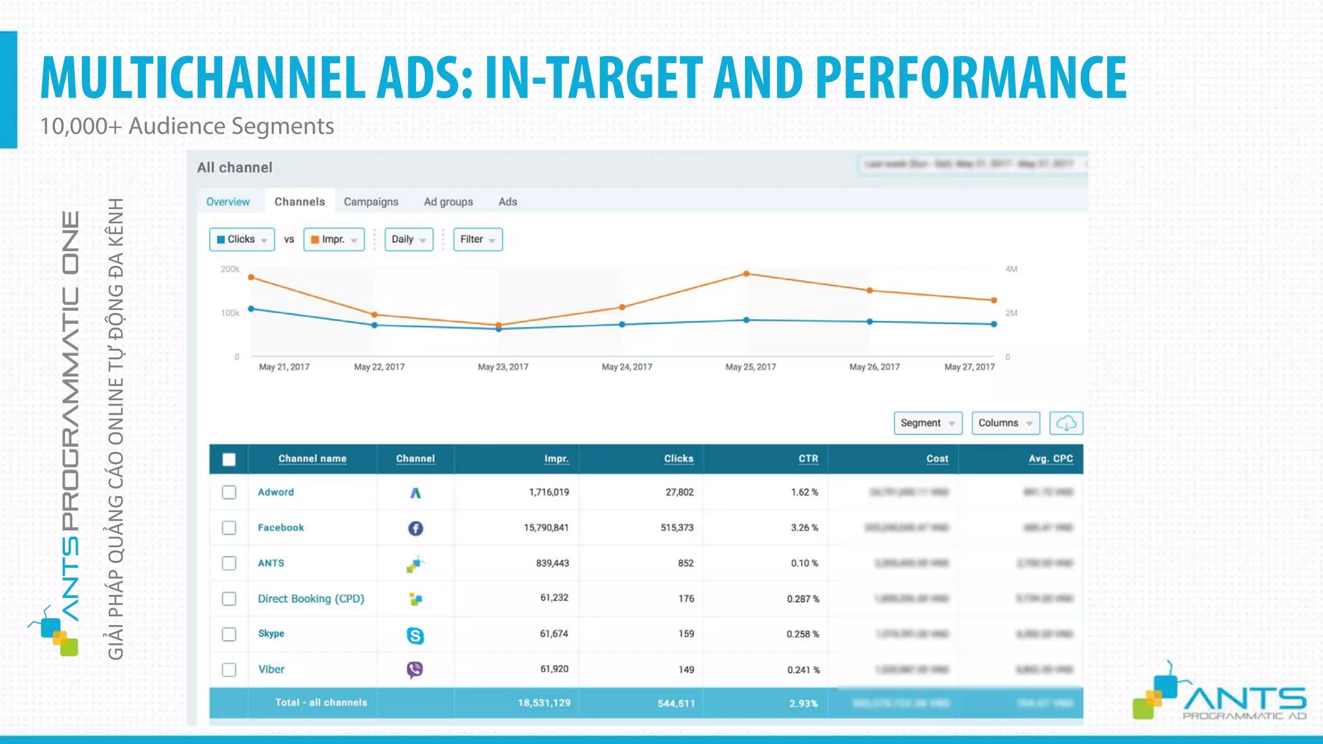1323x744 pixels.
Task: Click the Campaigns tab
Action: [x=371, y=201]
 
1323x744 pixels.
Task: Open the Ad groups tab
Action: [x=448, y=201]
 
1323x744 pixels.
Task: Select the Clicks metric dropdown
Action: [x=242, y=239]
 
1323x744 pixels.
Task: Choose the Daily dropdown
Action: [x=408, y=239]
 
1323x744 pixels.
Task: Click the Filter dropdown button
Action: [x=477, y=239]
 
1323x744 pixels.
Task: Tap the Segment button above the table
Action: [x=927, y=423]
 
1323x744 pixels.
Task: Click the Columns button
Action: [x=1005, y=423]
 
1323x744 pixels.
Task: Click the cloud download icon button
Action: [x=1066, y=423]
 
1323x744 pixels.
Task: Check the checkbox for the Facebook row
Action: [x=229, y=528]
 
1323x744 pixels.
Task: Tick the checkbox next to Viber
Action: [x=229, y=670]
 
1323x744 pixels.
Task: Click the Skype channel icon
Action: [x=415, y=635]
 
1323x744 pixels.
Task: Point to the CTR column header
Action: [x=807, y=459]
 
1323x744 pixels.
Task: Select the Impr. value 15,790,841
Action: [x=546, y=528]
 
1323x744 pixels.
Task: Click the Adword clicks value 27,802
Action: [x=680, y=492]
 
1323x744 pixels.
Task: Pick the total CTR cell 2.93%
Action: [x=803, y=703]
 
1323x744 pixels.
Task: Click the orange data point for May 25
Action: [x=746, y=274]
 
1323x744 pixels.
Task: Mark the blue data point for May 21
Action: [x=251, y=309]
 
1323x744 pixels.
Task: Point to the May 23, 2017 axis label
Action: [x=503, y=367]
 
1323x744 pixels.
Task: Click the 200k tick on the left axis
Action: [x=230, y=269]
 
